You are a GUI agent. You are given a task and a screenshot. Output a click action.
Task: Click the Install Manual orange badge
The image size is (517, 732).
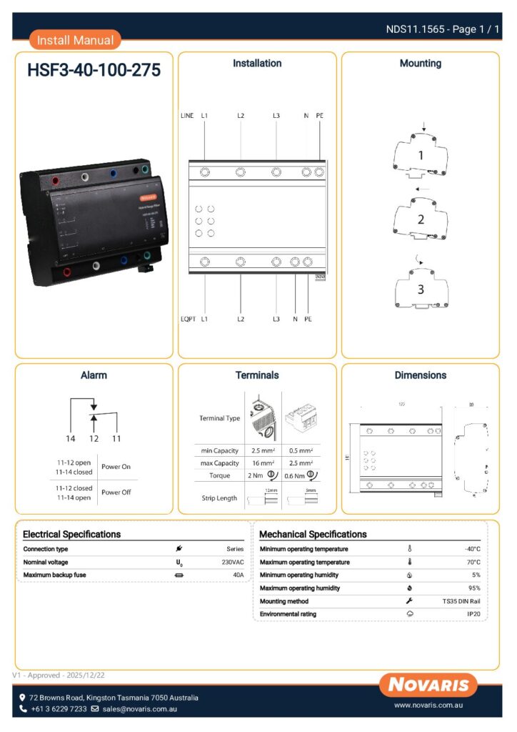click(x=75, y=40)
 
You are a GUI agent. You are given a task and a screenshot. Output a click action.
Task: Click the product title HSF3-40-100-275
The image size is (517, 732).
click(x=94, y=71)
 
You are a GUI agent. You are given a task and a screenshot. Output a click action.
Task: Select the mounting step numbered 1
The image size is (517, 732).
click(x=421, y=155)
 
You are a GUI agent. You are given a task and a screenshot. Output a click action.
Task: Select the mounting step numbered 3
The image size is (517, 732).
click(x=421, y=290)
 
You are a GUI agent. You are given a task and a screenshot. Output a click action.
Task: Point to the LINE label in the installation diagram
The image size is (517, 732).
click(x=187, y=115)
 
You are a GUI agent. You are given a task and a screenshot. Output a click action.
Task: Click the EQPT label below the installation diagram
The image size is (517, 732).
click(x=188, y=319)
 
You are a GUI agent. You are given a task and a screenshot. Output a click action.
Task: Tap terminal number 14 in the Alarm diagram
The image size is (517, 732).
click(x=71, y=438)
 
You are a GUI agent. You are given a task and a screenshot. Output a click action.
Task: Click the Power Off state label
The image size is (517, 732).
click(x=116, y=492)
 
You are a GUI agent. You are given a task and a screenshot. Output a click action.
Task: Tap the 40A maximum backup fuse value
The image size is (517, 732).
click(x=238, y=575)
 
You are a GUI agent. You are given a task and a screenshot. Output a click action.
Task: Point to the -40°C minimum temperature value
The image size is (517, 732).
click(x=472, y=549)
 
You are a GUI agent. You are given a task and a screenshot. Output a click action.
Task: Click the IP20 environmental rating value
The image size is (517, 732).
click(x=473, y=614)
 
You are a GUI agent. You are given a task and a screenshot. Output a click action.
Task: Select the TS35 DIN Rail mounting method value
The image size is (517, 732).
click(x=461, y=601)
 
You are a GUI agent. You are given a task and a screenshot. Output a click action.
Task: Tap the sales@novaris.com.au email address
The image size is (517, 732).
click(x=139, y=709)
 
